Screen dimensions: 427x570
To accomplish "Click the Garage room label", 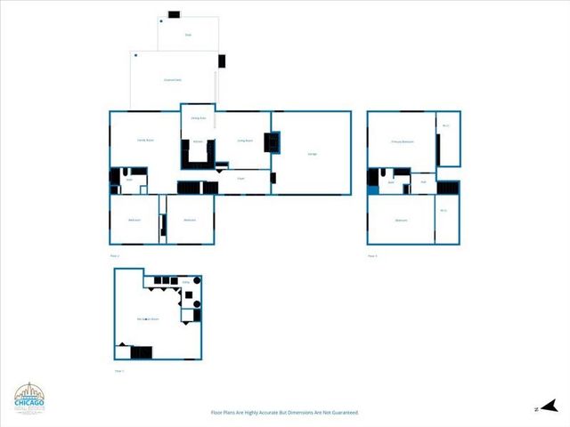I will click(x=313, y=155).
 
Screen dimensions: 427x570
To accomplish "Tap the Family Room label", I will click(x=145, y=141).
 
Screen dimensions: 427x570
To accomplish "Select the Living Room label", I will click(x=245, y=140).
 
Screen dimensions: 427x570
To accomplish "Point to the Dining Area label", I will click(x=198, y=117).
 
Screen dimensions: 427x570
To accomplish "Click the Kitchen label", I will click(x=198, y=141).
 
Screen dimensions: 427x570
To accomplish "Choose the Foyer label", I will click(x=240, y=179).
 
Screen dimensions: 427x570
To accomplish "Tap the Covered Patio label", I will click(x=173, y=80).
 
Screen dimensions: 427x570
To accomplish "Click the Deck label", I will click(x=188, y=35).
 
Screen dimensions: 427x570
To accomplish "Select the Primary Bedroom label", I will click(x=403, y=141).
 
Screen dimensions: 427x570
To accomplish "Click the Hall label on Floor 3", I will click(x=424, y=181).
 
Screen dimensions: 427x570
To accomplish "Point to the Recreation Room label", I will click(x=148, y=318).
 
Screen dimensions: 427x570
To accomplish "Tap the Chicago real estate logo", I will click(x=29, y=399).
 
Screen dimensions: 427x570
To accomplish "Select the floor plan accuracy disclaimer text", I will click(x=284, y=413).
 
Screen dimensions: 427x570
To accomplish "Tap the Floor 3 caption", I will click(x=372, y=255).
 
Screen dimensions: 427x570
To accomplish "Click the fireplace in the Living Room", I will click(x=273, y=142).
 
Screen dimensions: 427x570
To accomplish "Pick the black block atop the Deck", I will click(x=174, y=14).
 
